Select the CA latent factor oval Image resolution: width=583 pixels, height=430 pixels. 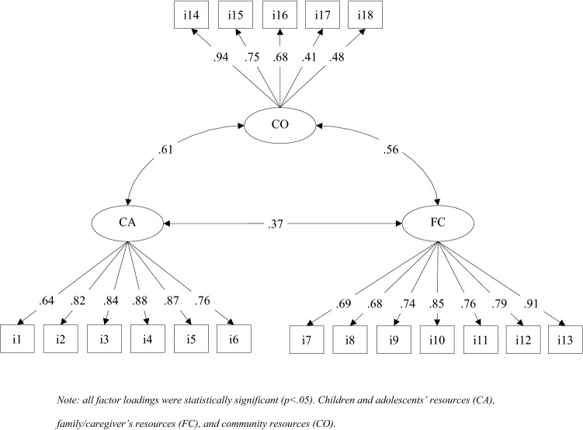(127, 224)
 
